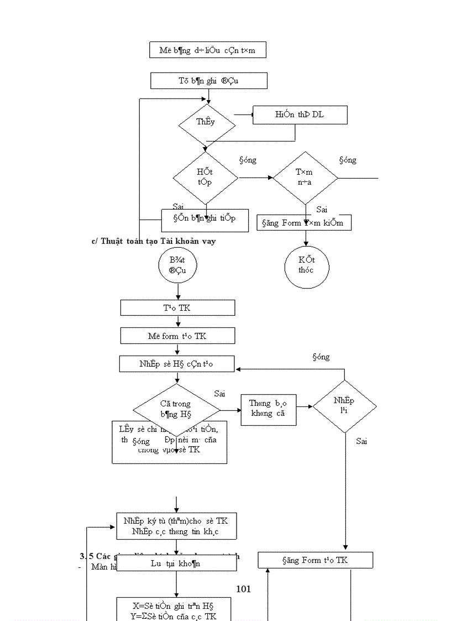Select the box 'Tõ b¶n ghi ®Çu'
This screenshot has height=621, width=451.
point(208,81)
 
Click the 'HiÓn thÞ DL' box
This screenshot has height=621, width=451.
point(300,115)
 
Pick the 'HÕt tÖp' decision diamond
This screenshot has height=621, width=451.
point(205,178)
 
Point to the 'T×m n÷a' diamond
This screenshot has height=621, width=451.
point(305,178)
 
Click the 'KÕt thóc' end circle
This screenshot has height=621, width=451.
point(306,267)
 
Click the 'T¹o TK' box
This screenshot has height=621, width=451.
point(177,308)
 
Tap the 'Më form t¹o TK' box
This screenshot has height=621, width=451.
point(177,336)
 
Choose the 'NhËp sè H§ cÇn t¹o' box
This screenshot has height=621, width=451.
point(177,364)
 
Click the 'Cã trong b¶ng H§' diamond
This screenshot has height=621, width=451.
point(176,409)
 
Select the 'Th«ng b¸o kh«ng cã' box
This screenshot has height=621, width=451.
point(269,409)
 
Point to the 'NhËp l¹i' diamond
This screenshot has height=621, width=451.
point(344,406)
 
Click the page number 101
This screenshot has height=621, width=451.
point(243,589)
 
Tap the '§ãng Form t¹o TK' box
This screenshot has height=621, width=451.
point(315,560)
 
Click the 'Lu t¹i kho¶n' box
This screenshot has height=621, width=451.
point(176,563)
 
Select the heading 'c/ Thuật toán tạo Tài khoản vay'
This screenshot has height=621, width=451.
point(154,241)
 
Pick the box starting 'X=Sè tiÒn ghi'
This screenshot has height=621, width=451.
point(176,609)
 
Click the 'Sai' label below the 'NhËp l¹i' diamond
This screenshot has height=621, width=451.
point(361,441)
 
